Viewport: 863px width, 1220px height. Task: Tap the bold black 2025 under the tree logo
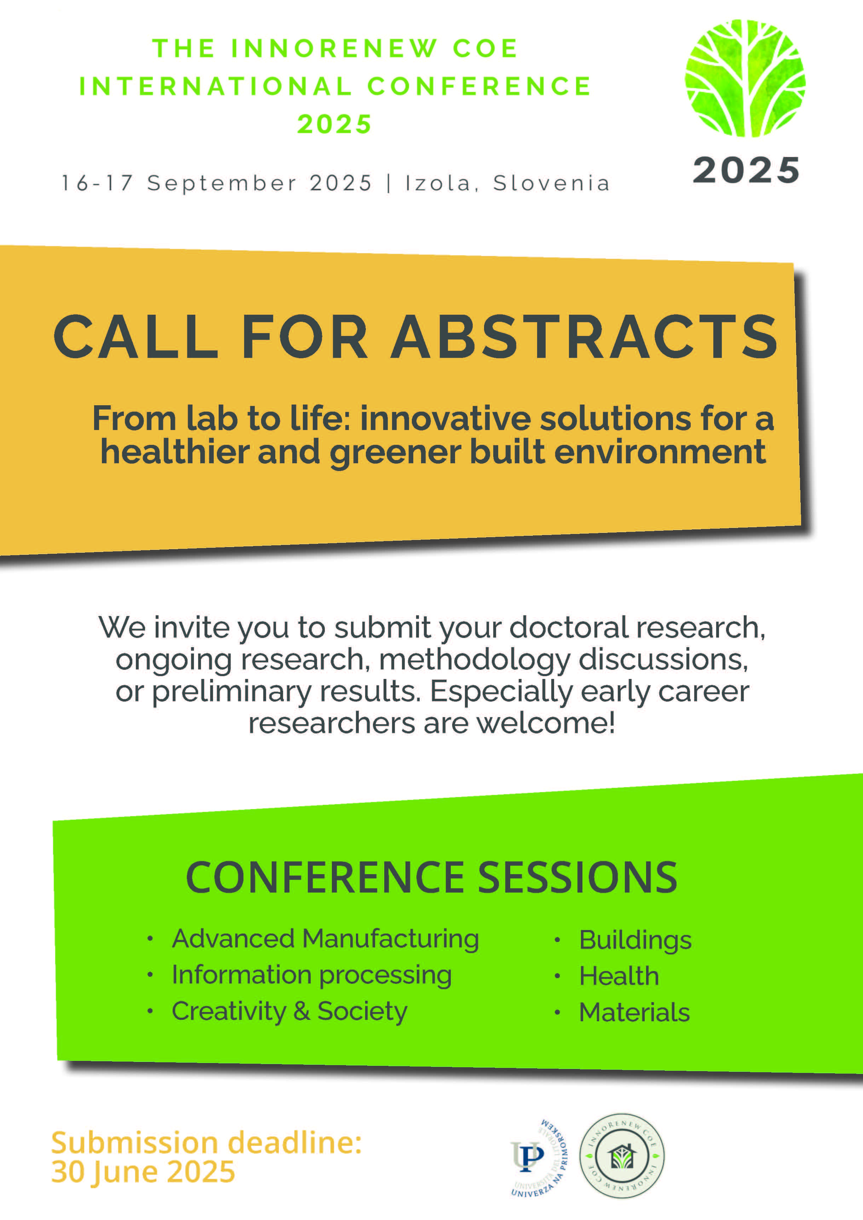(x=746, y=170)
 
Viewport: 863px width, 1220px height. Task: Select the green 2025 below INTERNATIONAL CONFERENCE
(x=334, y=124)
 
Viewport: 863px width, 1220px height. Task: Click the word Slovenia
(x=551, y=183)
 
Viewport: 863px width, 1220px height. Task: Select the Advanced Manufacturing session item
(x=325, y=939)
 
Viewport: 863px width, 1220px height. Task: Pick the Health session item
(x=619, y=976)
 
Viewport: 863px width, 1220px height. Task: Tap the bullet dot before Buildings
(x=557, y=940)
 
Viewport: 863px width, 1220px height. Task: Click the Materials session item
(x=634, y=1012)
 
